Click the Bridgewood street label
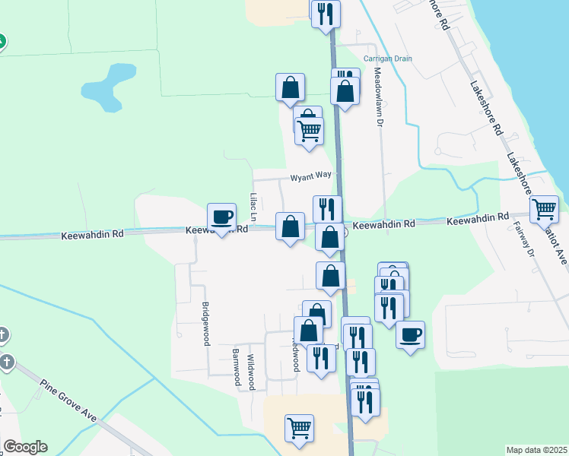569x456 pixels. (205, 324)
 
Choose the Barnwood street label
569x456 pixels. (237, 368)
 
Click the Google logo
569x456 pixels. (25, 447)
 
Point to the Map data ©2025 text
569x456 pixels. (536, 450)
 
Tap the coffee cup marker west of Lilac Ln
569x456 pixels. (222, 217)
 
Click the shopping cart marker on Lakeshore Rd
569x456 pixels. (544, 208)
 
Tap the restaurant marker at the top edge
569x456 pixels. (326, 13)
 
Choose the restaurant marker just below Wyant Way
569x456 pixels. (327, 208)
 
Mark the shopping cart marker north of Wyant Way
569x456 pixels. (310, 130)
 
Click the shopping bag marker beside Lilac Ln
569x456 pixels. (290, 226)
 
